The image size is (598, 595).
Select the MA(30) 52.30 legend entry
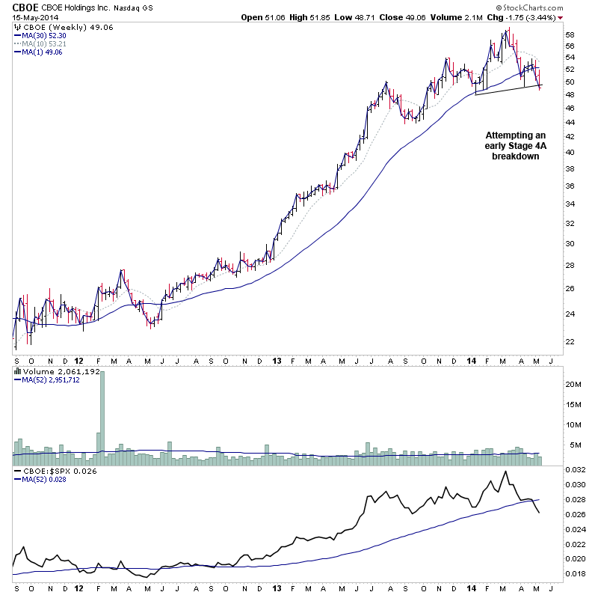tap(43, 35)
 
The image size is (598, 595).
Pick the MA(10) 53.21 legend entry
tap(43, 43)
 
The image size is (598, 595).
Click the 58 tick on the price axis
tap(570, 35)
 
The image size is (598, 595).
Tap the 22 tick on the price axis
tap(570, 342)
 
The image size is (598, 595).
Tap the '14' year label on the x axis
tap(472, 359)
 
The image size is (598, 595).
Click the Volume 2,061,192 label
tap(52, 370)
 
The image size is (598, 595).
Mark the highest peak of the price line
tap(508, 29)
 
